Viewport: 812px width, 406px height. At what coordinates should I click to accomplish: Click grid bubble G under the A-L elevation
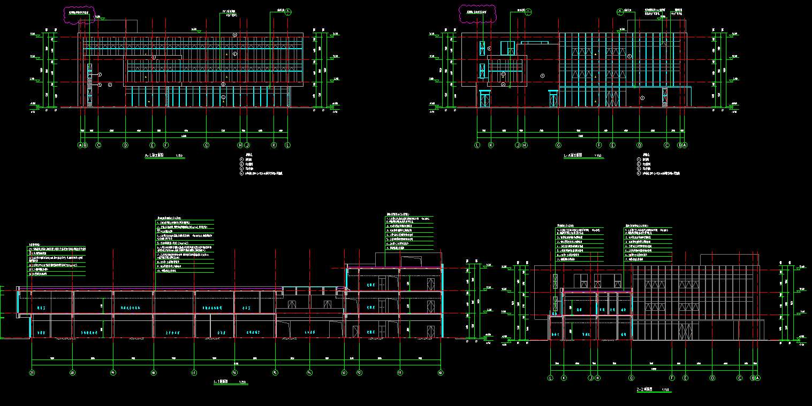[206, 145]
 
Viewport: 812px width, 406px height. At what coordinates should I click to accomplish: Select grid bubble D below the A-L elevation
[125, 145]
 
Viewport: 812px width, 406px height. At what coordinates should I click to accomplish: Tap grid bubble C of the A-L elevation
[98, 145]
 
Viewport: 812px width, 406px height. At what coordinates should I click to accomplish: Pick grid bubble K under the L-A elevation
[491, 145]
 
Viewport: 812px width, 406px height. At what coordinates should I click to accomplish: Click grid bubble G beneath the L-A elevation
[558, 145]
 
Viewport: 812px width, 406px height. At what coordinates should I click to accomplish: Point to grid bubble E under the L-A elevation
[612, 145]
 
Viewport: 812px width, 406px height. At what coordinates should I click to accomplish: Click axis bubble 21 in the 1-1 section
[32, 372]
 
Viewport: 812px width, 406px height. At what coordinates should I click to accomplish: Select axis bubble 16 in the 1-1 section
[234, 372]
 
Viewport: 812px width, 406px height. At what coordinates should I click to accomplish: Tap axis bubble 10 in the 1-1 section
[440, 372]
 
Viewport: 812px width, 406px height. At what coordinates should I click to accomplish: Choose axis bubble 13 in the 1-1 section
[344, 372]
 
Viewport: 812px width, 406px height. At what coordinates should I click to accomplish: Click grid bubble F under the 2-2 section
[672, 378]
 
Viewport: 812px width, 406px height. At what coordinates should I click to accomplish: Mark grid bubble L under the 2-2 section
[550, 378]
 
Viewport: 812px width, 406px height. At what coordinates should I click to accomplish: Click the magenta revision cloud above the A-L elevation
[80, 14]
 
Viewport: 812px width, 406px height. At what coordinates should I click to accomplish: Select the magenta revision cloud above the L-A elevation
[478, 13]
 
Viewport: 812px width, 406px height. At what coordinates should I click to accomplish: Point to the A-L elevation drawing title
[157, 156]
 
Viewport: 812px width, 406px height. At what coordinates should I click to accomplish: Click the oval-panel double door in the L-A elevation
[612, 99]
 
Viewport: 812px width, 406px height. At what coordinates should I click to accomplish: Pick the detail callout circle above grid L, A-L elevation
[288, 11]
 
